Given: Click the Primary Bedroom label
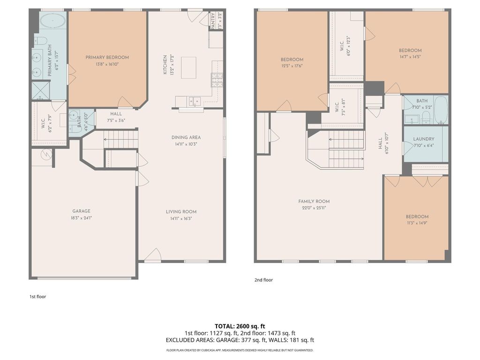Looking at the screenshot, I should pyautogui.click(x=107, y=58).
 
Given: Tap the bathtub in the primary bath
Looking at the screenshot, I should pyautogui.click(x=52, y=21).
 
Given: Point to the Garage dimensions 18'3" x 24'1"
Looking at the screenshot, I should pyautogui.click(x=81, y=218).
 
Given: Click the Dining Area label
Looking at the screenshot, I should pyautogui.click(x=186, y=137).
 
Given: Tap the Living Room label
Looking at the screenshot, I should pyautogui.click(x=181, y=212).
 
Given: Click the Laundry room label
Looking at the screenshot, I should pyautogui.click(x=424, y=139).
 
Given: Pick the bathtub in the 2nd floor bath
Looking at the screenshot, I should pyautogui.click(x=441, y=110).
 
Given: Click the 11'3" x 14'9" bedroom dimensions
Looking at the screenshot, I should pyautogui.click(x=417, y=224).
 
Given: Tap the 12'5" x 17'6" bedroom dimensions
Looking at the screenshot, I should pyautogui.click(x=292, y=66).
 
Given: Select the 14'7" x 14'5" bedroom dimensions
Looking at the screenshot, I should pyautogui.click(x=410, y=57).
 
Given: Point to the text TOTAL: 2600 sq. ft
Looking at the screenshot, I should pyautogui.click(x=240, y=326).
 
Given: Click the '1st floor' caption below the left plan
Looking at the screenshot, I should pyautogui.click(x=37, y=296).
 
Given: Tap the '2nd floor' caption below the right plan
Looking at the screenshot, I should pyautogui.click(x=263, y=280).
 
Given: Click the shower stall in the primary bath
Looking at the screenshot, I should pyautogui.click(x=40, y=90).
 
